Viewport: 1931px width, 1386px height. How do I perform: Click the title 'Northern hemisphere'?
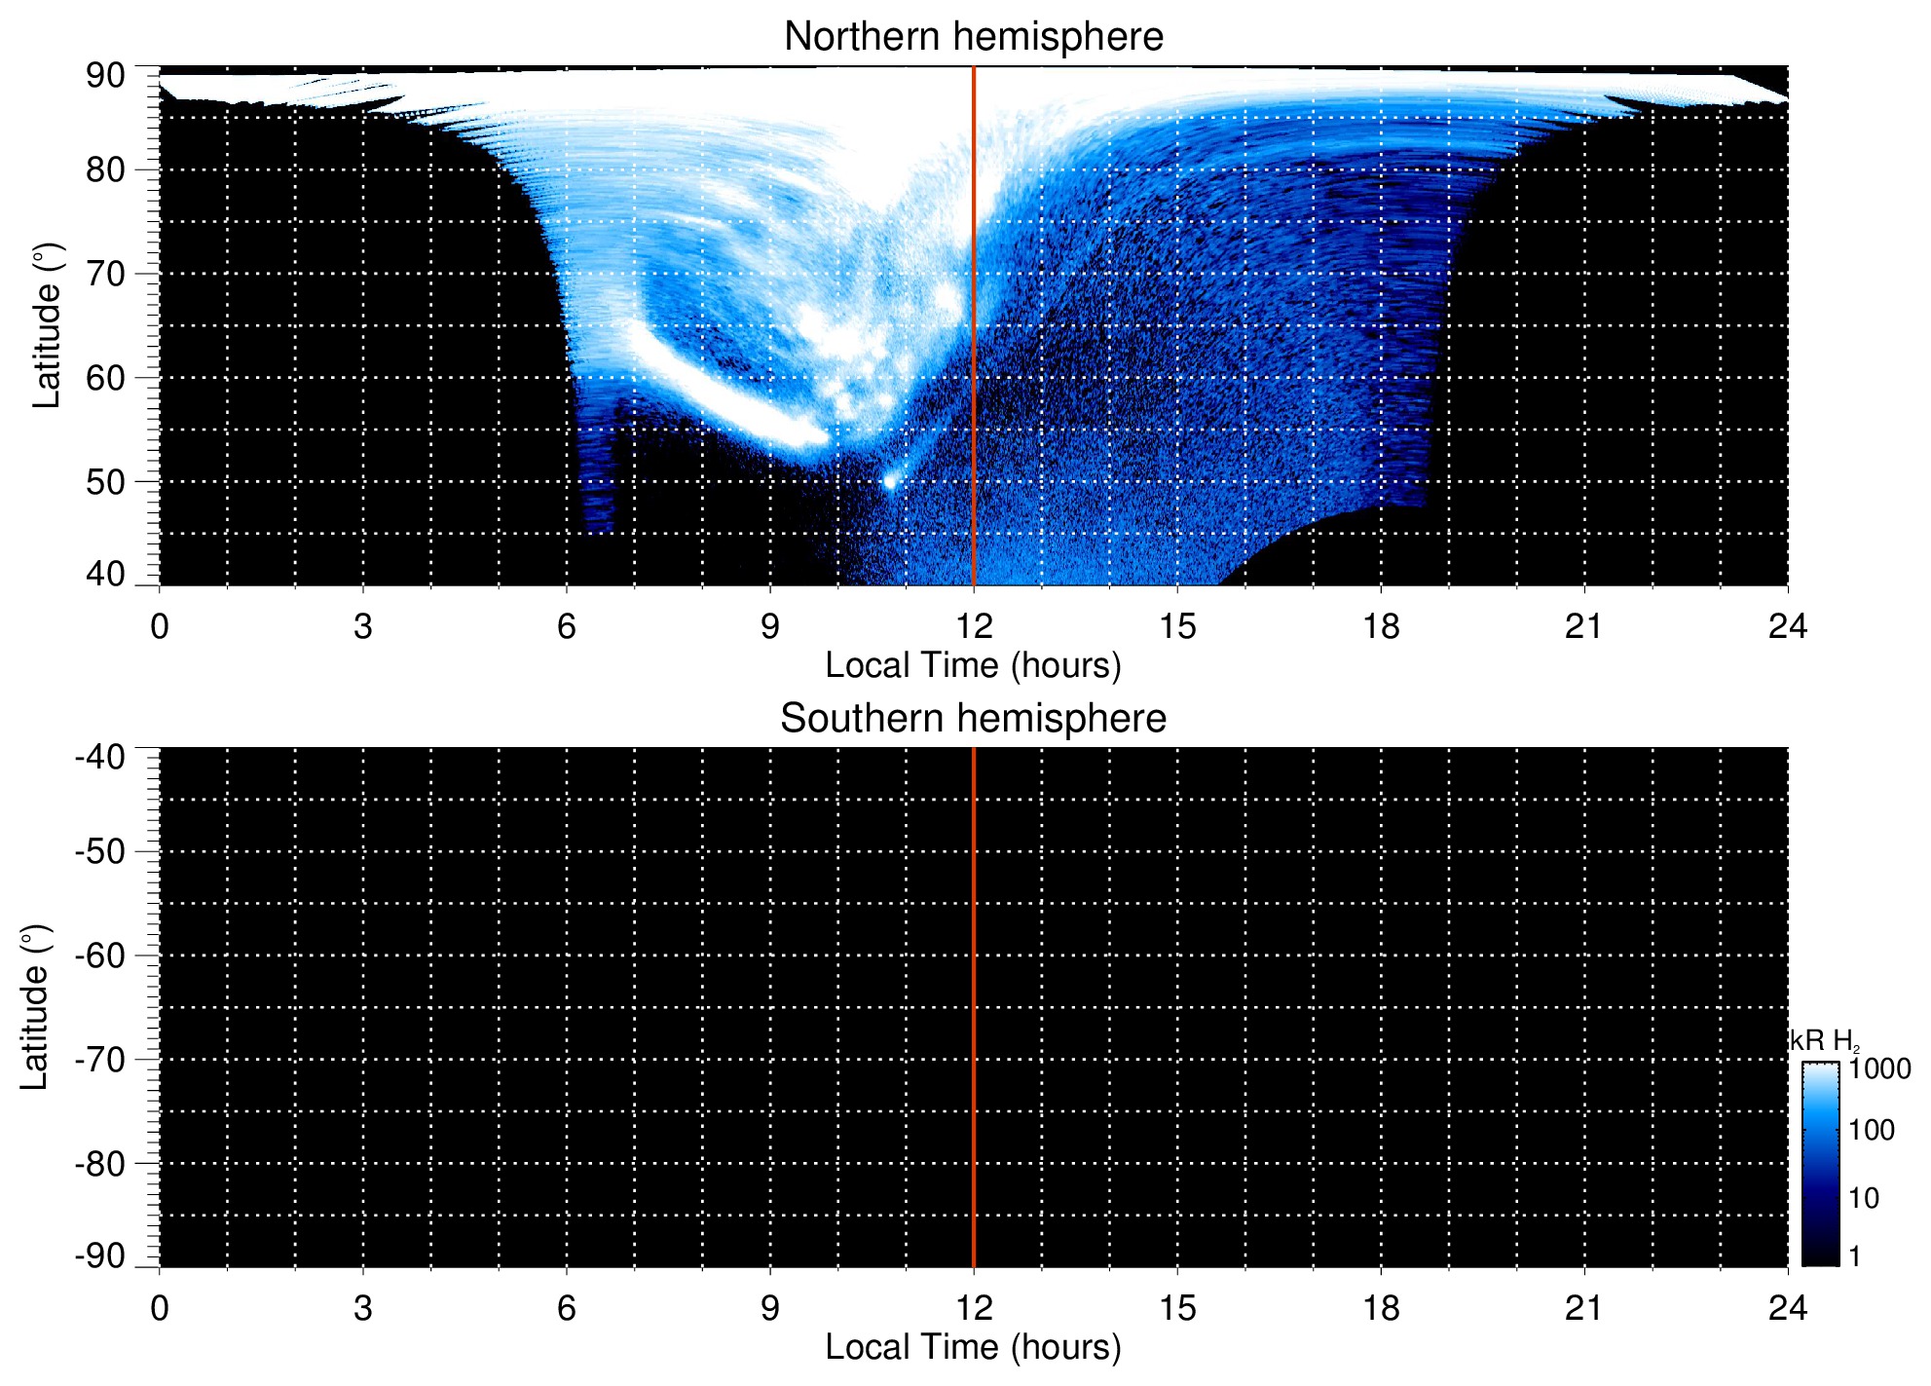tap(973, 37)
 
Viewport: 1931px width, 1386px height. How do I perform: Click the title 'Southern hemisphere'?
tap(973, 719)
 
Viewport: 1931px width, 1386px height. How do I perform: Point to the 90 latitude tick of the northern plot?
tap(105, 76)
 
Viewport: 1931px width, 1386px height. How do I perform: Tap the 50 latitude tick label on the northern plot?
tap(105, 482)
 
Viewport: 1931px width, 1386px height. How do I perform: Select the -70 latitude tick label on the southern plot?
tap(99, 1060)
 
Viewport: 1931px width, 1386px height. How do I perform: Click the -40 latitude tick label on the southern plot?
tap(99, 757)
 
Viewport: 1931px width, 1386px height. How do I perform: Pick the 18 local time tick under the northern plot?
tap(1380, 626)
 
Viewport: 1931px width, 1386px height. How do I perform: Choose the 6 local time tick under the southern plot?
tap(566, 1308)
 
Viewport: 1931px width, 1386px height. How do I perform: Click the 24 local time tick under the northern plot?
tap(1787, 626)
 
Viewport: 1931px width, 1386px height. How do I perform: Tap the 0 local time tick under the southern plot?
tap(160, 1308)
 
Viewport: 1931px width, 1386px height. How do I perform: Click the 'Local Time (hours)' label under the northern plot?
tap(973, 665)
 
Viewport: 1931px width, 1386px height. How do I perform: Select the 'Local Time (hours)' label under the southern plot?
tap(973, 1347)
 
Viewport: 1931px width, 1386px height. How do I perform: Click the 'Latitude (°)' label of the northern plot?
tap(47, 325)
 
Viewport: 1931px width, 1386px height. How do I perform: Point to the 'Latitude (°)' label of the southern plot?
tap(35, 1007)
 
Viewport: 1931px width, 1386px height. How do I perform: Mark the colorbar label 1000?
tap(1879, 1069)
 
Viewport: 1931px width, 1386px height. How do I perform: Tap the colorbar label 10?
tap(1864, 1198)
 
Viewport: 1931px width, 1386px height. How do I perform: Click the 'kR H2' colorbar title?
tap(1824, 1041)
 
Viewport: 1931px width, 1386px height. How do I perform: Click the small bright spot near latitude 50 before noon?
tap(889, 481)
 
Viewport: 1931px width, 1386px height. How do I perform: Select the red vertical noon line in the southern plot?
tap(974, 1007)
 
